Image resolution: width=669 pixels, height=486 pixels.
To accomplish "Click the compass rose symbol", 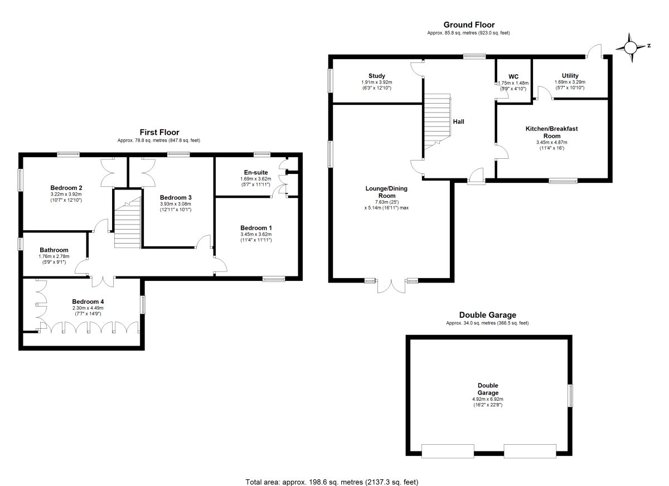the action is tap(631, 47).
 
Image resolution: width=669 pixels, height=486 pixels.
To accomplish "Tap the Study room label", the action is tap(377, 76).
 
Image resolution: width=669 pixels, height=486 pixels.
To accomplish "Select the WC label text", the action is tap(513, 77).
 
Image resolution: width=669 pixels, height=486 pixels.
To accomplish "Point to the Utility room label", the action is tap(570, 76).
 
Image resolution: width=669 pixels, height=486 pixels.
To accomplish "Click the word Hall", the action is tap(458, 122).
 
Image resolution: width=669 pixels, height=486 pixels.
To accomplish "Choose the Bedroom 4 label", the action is tap(88, 302).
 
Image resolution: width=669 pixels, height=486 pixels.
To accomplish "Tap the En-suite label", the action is tap(256, 172).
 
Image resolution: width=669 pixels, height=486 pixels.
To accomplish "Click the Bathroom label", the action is tap(54, 250).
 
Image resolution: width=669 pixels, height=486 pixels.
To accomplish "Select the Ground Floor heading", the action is tap(469, 25).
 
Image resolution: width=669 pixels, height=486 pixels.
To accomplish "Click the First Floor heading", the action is tap(159, 132).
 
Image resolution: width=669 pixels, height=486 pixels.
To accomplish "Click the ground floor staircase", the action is tap(437, 122).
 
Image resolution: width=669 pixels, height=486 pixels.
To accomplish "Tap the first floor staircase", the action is tap(128, 222).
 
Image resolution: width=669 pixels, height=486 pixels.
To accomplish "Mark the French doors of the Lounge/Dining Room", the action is tap(391, 286).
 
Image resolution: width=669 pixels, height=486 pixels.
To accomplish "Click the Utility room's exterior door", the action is tap(594, 51).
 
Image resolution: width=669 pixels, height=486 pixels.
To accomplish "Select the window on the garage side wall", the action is tap(570, 396).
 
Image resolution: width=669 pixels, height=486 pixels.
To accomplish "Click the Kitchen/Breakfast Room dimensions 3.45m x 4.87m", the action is tap(551, 142).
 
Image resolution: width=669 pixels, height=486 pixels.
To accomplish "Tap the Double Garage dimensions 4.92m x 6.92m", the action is tap(488, 399).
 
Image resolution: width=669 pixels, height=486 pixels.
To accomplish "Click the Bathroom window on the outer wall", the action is tap(20, 244).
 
